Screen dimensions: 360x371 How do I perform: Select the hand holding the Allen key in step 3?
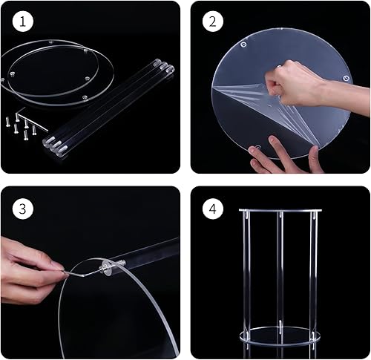pos(30,264)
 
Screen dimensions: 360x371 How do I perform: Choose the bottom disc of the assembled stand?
pos(280,336)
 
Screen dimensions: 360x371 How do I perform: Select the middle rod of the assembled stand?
pos(280,275)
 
